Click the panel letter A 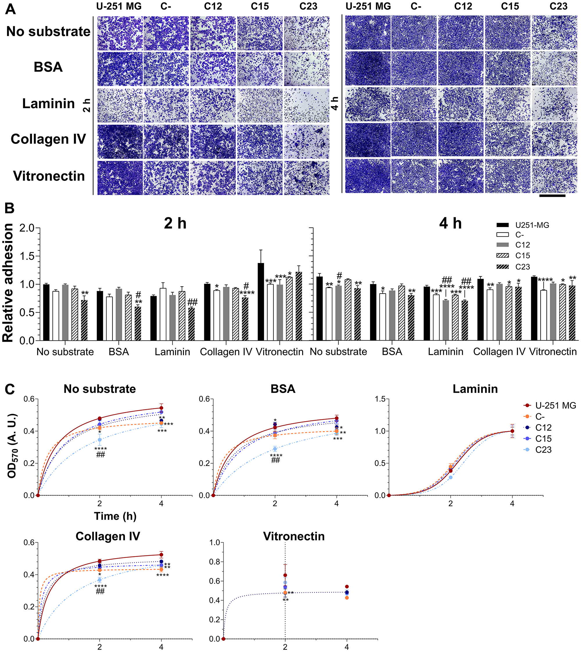click(10, 9)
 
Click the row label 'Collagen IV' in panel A click(48, 139)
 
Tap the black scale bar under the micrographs click(552, 196)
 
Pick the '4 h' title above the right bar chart click(450, 223)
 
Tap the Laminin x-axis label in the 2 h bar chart click(172, 352)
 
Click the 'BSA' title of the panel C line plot click(283, 389)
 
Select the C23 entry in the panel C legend click(543, 449)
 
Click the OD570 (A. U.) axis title click(12, 446)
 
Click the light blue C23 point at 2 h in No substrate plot click(100, 440)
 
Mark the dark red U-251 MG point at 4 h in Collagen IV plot click(161, 555)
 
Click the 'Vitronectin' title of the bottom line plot click(294, 536)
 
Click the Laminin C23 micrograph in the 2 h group click(306, 105)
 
